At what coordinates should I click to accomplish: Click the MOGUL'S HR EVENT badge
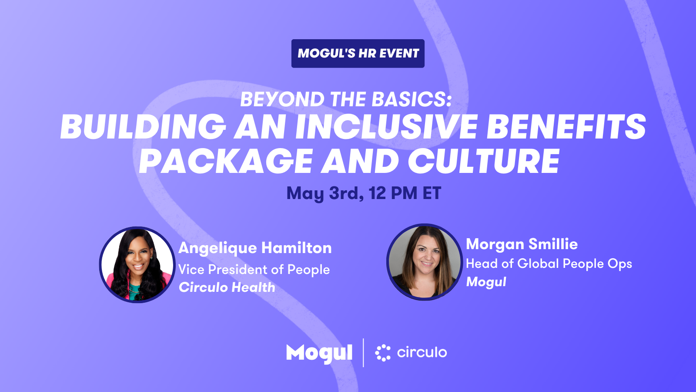click(x=358, y=53)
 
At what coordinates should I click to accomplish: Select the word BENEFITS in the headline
click(x=566, y=127)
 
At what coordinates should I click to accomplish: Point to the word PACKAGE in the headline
click(x=225, y=161)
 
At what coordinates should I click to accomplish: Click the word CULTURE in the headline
click(x=483, y=161)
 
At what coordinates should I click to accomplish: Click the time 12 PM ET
click(x=405, y=193)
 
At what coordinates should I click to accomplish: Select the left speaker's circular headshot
click(x=137, y=265)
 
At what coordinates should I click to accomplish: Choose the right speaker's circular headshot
click(x=425, y=262)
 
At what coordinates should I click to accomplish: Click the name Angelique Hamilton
click(x=255, y=248)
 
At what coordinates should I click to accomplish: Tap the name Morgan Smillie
click(x=522, y=244)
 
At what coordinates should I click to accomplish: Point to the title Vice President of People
click(x=254, y=270)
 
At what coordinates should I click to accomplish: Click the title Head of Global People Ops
click(x=549, y=264)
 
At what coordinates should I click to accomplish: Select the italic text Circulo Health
click(x=227, y=287)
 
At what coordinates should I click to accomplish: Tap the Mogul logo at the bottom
click(x=319, y=353)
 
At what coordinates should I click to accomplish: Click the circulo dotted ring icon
click(x=383, y=353)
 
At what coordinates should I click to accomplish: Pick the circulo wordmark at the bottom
click(x=422, y=352)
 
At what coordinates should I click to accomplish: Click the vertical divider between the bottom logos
click(x=364, y=353)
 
